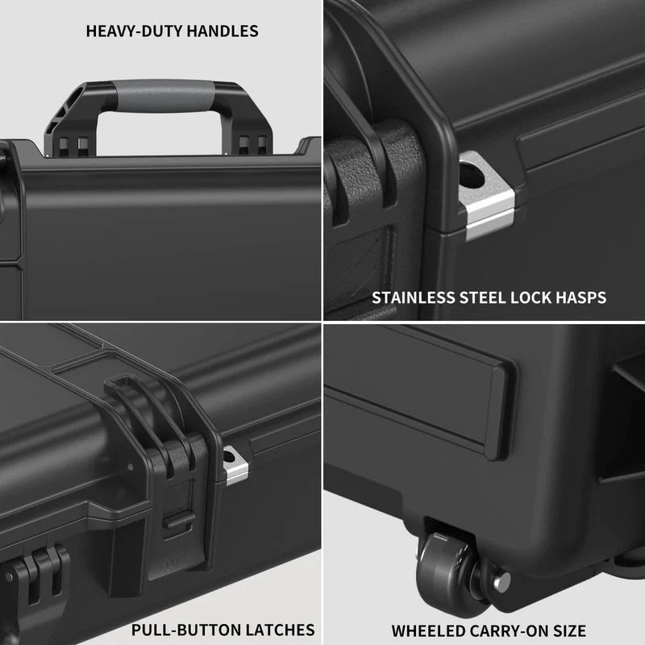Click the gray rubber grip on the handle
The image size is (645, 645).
(x=165, y=95)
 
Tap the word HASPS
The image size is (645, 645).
(x=582, y=298)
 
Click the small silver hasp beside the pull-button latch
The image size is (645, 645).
(x=235, y=466)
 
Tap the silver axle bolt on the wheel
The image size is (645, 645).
(x=501, y=578)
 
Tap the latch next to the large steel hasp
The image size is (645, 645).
(x=367, y=202)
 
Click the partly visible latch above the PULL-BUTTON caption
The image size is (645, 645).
(x=40, y=580)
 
